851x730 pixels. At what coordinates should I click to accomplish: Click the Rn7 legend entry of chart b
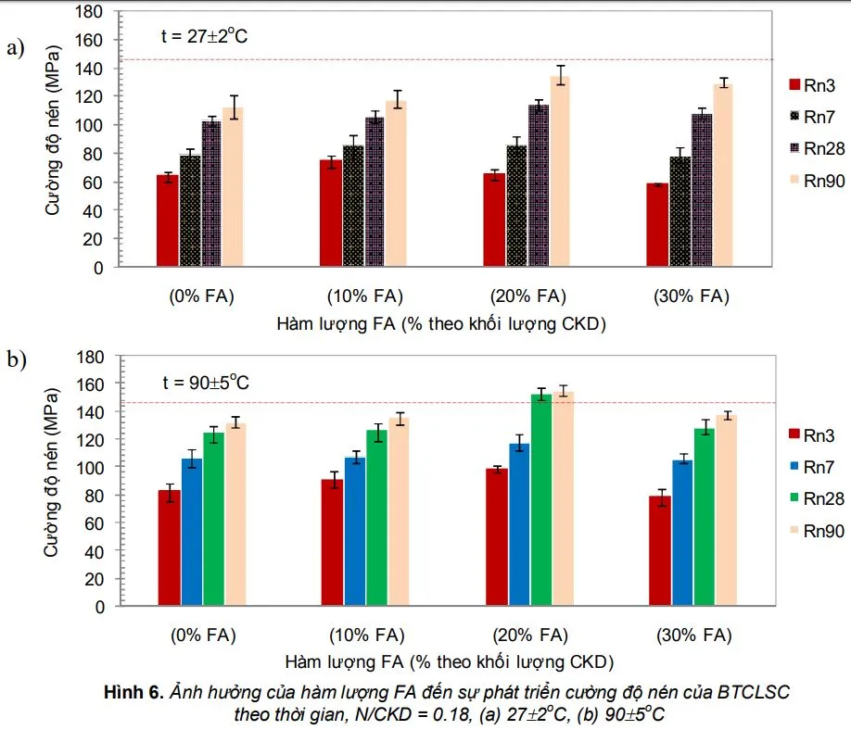(x=817, y=467)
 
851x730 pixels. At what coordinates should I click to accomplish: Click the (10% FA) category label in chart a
(x=363, y=296)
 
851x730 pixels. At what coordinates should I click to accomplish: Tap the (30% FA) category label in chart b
(x=693, y=636)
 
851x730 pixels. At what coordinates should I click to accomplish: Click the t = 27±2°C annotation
(x=204, y=38)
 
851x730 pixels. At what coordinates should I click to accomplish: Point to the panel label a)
(x=16, y=48)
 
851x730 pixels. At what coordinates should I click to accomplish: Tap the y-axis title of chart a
(x=54, y=139)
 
